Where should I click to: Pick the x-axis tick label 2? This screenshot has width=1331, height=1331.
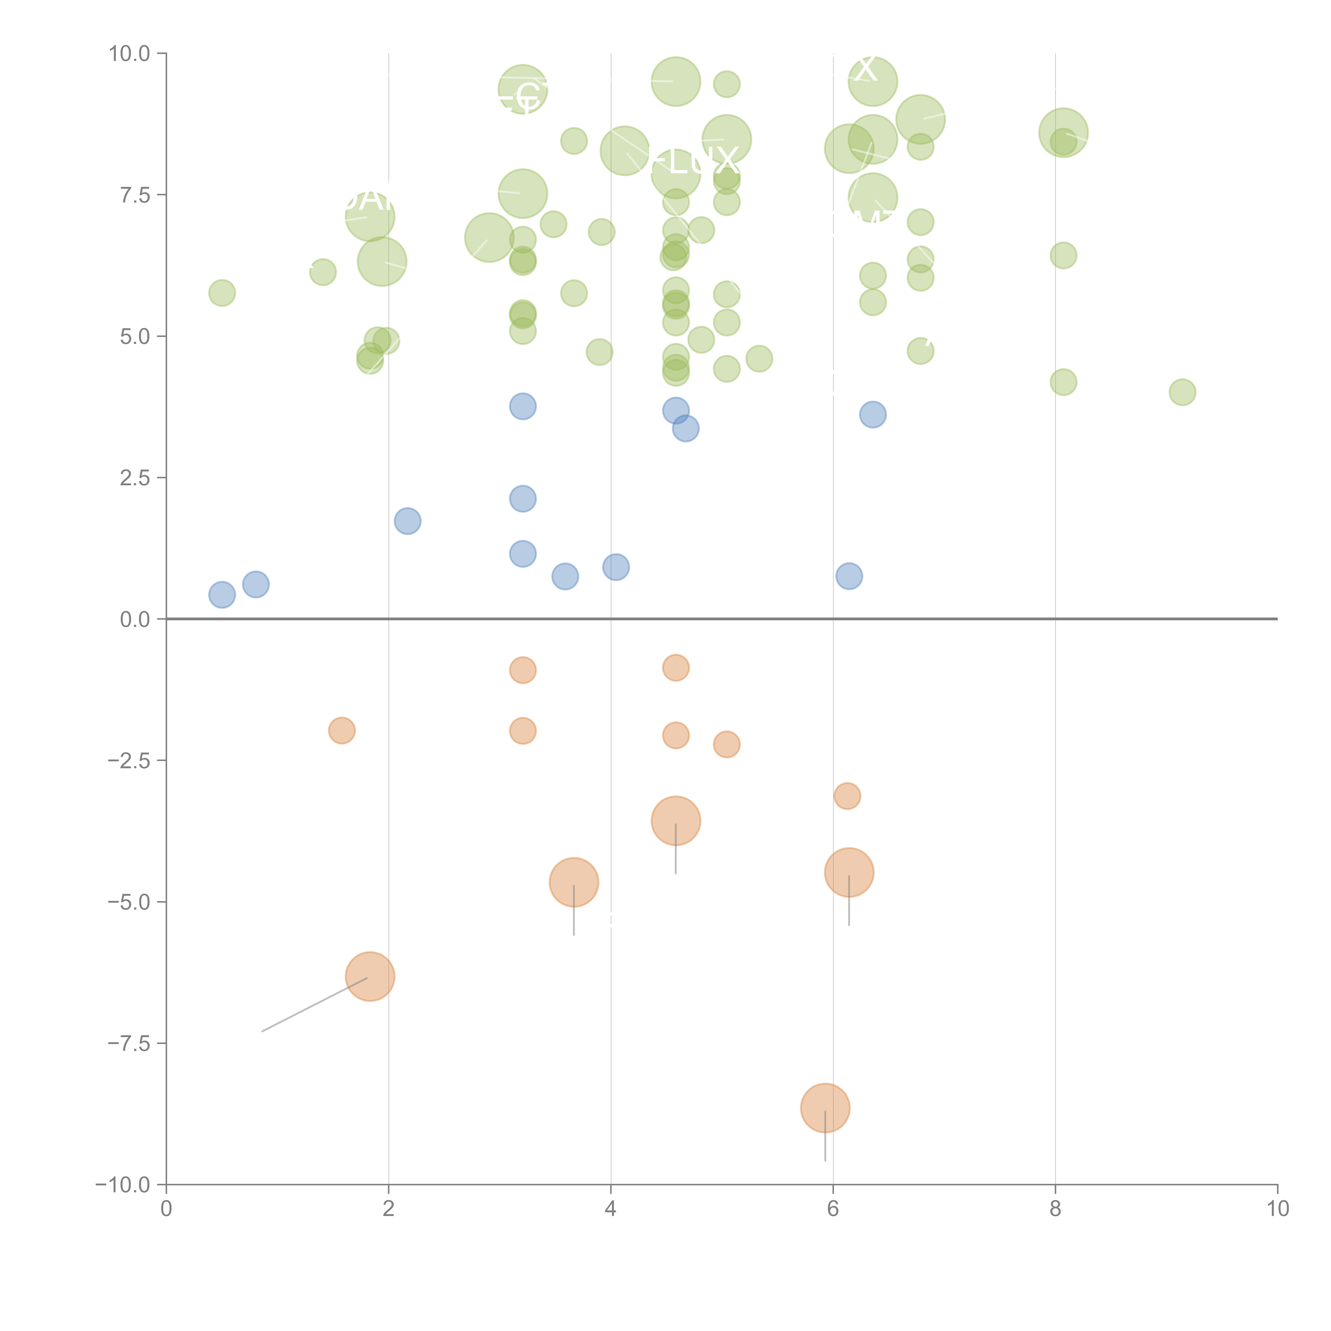pyautogui.click(x=389, y=1208)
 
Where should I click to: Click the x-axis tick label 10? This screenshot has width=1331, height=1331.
pyautogui.click(x=1277, y=1208)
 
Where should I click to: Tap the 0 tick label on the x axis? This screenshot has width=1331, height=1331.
pyautogui.click(x=166, y=1208)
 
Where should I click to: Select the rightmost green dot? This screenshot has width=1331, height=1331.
pyautogui.click(x=1182, y=392)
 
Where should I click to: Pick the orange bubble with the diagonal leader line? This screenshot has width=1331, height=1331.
pyautogui.click(x=370, y=976)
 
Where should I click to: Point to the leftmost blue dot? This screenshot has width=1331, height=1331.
pyautogui.click(x=222, y=594)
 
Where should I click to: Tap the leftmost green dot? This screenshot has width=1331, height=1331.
pyautogui.click(x=222, y=293)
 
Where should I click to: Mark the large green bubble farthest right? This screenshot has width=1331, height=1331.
pyautogui.click(x=1063, y=132)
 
